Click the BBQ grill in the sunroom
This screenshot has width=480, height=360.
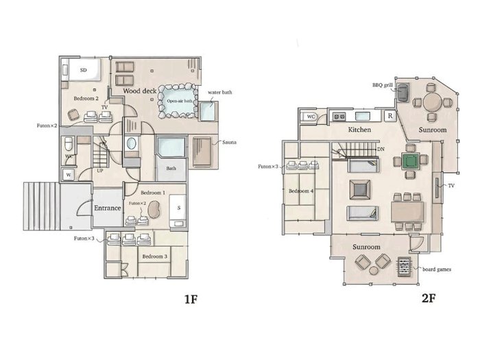(x=403, y=92)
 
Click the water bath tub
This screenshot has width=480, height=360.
(x=208, y=111)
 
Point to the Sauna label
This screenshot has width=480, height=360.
(x=229, y=143)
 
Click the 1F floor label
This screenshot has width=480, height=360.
(x=191, y=299)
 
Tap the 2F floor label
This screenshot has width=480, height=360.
(x=429, y=298)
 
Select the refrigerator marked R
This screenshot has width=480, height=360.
(x=389, y=116)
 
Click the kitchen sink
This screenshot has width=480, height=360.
(x=363, y=117)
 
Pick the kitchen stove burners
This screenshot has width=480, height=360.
(x=339, y=117)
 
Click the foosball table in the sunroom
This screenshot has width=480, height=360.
(x=405, y=267)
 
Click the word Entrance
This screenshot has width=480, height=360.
(x=108, y=208)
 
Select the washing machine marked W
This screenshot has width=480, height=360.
(x=69, y=175)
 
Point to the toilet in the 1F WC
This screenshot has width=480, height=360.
(x=69, y=144)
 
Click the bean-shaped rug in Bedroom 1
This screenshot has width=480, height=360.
(x=154, y=209)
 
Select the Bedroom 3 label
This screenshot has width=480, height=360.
(x=154, y=256)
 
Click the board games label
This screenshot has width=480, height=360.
(x=437, y=269)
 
